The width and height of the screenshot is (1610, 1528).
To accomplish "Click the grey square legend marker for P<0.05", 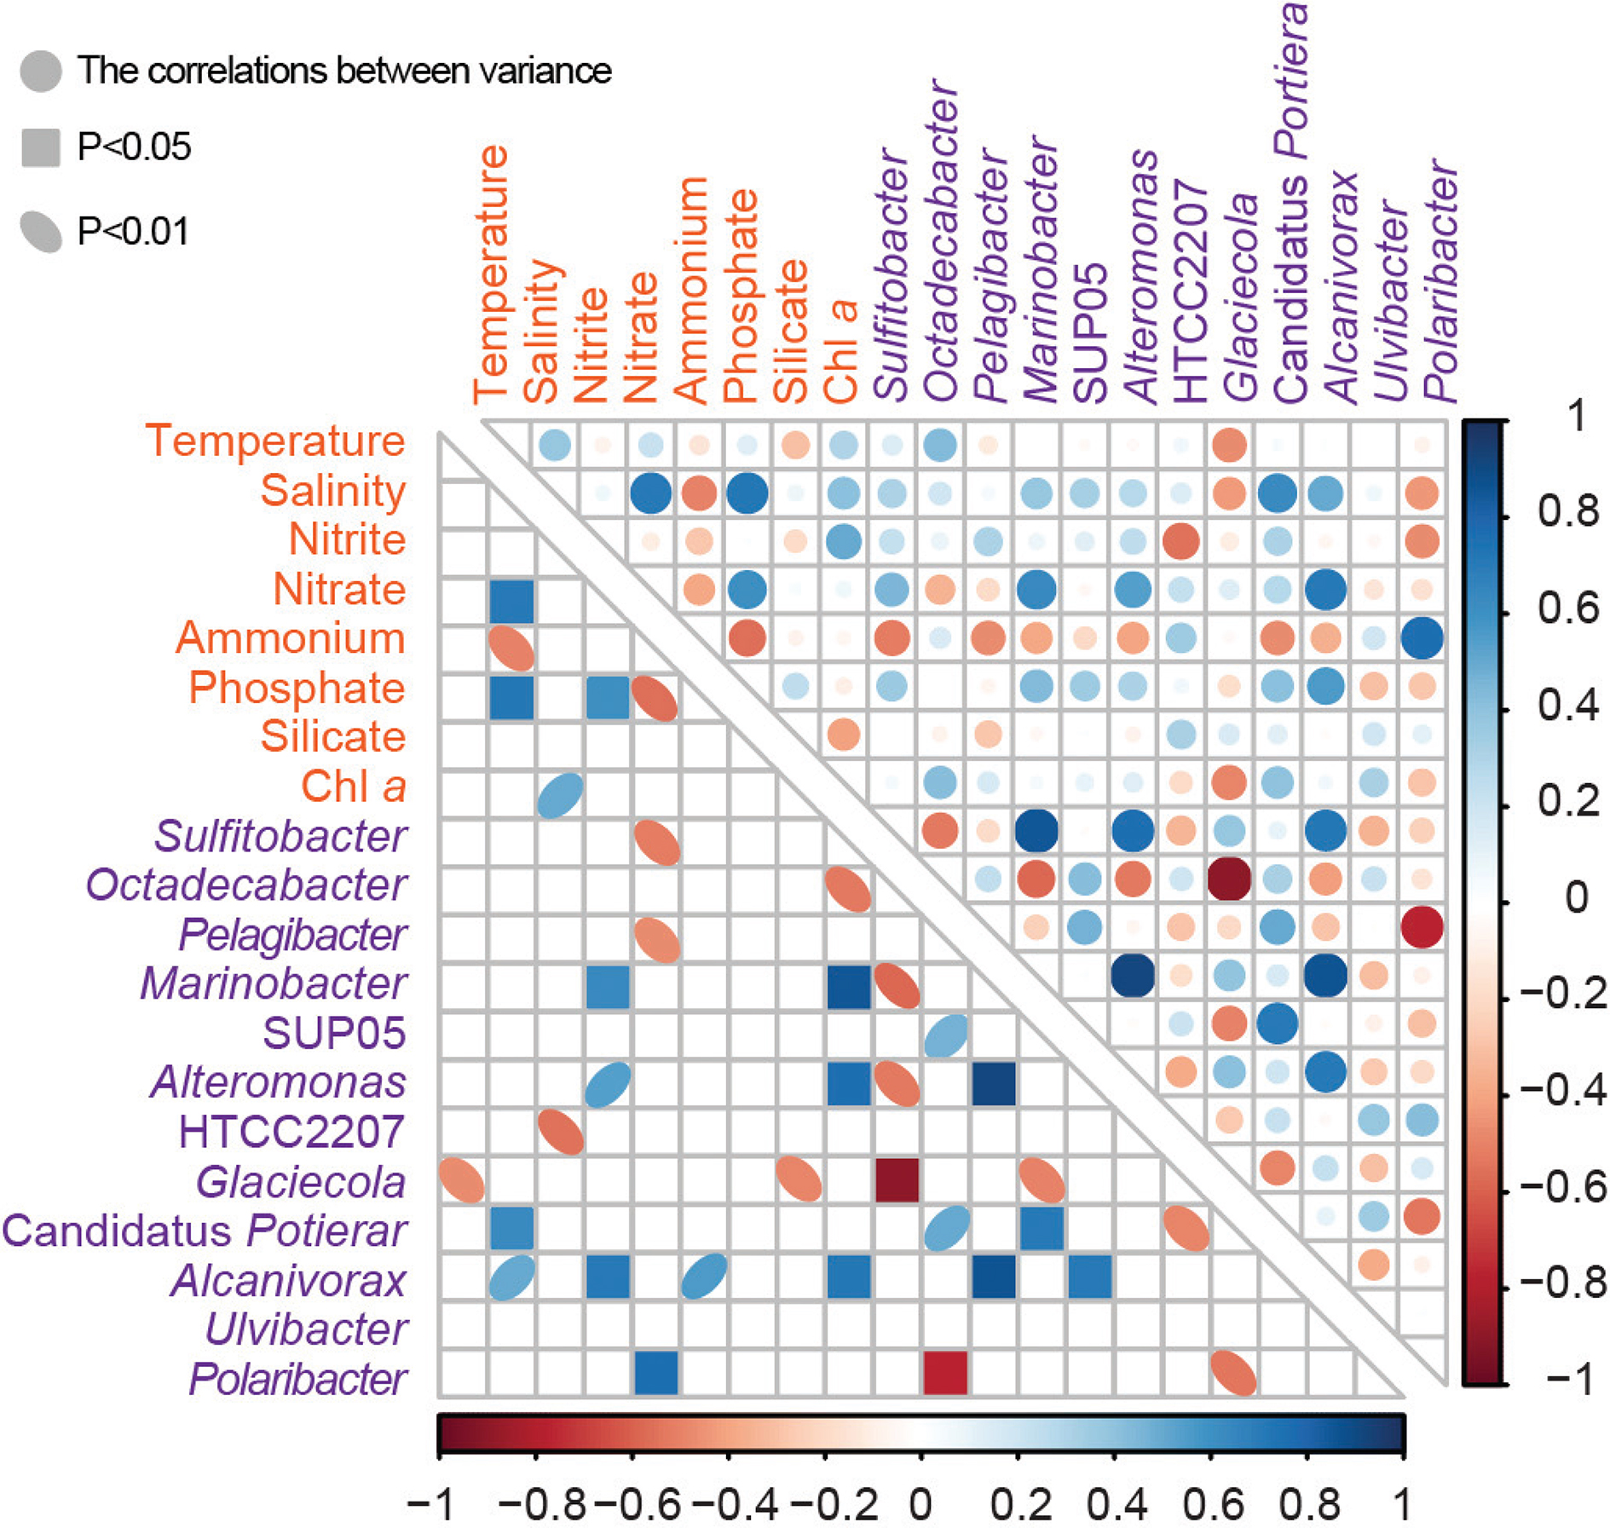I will click(x=41, y=147).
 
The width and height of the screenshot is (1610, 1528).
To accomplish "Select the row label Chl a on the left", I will click(x=353, y=786).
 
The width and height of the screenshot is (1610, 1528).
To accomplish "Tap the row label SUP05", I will click(x=334, y=1033).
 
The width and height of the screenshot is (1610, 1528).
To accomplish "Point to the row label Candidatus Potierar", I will click(x=205, y=1231).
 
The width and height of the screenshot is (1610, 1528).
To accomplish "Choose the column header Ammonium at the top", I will click(x=691, y=290).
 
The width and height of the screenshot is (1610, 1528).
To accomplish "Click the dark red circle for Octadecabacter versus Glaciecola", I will click(x=1229, y=879).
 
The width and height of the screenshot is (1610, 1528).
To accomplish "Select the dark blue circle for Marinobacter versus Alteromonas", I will click(x=1133, y=976).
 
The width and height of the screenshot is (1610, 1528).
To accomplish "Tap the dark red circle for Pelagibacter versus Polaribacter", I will click(x=1422, y=927).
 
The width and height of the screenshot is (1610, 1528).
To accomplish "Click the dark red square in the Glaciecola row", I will click(x=897, y=1180).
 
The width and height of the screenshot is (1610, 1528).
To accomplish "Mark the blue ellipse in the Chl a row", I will click(x=561, y=795).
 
